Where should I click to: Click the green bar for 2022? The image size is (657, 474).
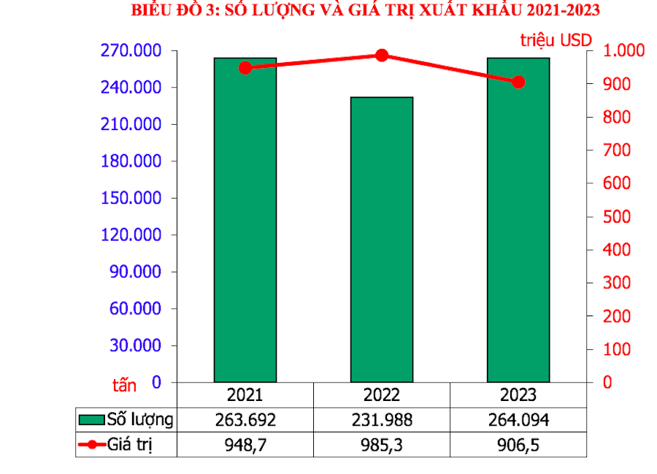click(x=382, y=240)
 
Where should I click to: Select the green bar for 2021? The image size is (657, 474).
click(x=245, y=219)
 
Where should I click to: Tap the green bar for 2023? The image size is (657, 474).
click(x=518, y=219)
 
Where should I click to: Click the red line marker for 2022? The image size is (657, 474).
click(x=382, y=56)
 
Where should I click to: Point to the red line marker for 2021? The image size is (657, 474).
click(x=245, y=68)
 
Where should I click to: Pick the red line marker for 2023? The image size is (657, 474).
click(x=518, y=82)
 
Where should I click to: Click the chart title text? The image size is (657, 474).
click(x=366, y=10)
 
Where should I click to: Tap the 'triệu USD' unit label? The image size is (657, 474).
click(x=556, y=39)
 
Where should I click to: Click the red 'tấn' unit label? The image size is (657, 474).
click(x=124, y=383)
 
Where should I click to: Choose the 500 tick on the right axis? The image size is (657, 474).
click(x=617, y=217)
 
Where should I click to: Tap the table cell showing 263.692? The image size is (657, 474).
click(x=245, y=420)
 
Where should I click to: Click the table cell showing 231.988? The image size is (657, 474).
click(x=382, y=420)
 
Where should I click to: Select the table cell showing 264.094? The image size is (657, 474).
click(x=518, y=420)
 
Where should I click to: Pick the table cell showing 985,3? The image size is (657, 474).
click(x=382, y=445)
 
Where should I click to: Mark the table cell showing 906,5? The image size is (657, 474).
click(x=518, y=445)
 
